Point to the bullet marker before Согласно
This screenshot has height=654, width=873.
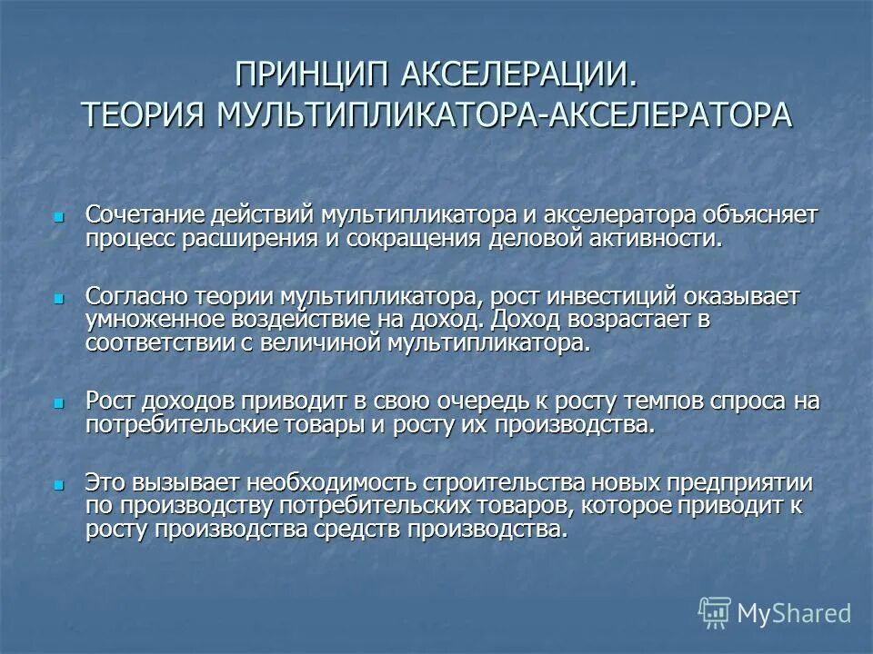pos(59,297)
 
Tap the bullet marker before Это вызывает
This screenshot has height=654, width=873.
pos(59,484)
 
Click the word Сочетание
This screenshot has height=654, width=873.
pos(144,215)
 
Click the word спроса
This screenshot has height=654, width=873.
pos(738,401)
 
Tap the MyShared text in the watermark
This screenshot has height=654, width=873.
pos(794,613)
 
